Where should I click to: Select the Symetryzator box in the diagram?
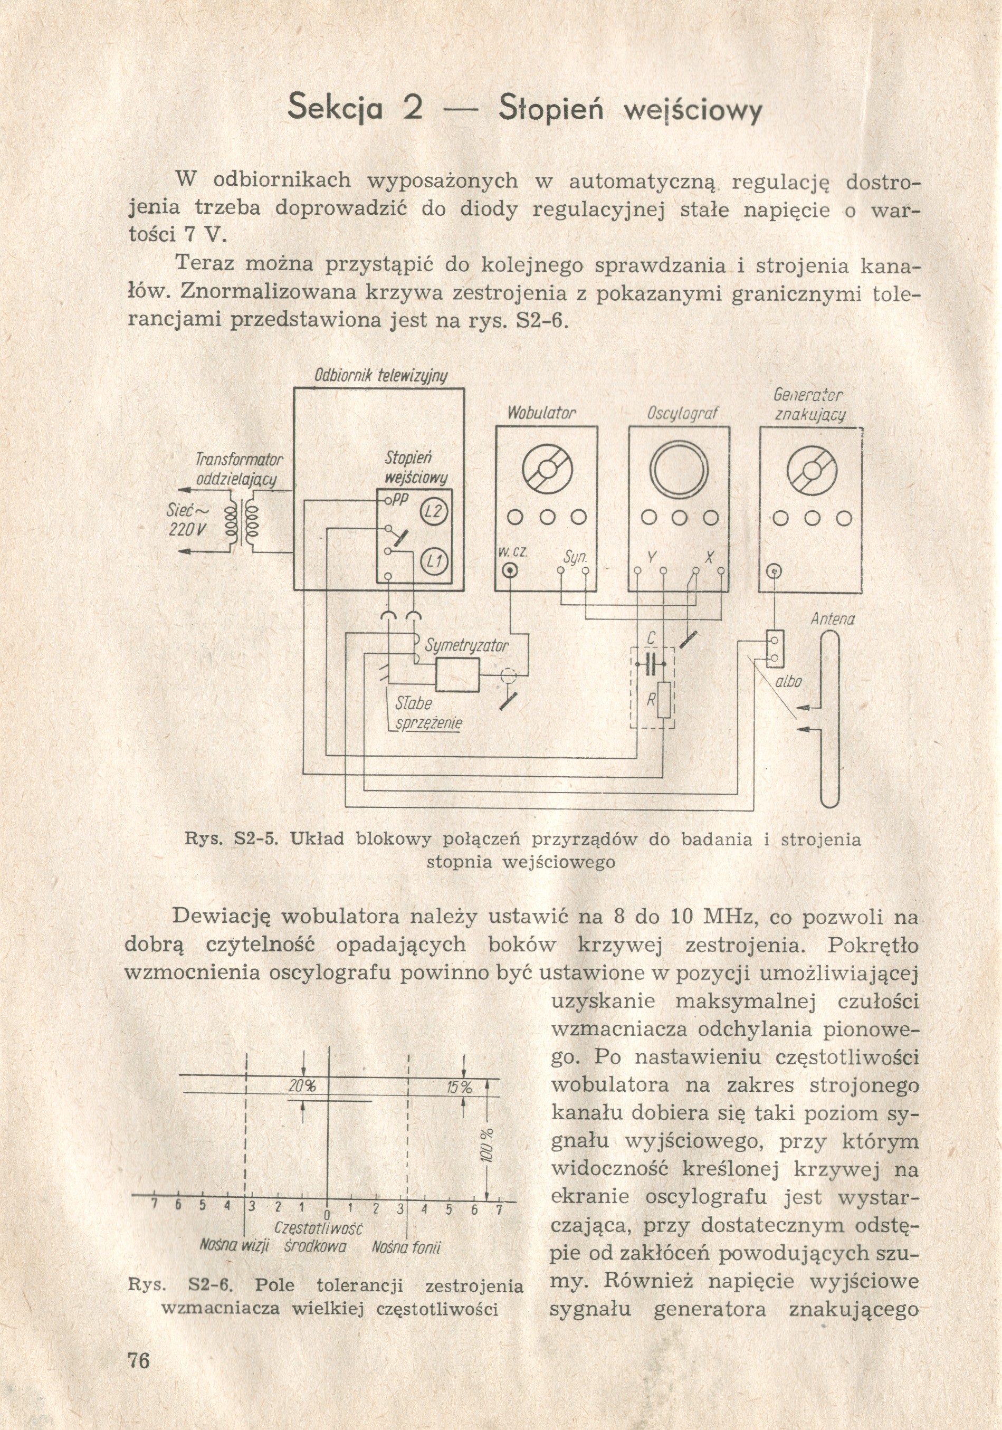pos(457,674)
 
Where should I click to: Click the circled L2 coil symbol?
pos(432,512)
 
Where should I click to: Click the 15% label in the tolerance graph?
pos(460,1088)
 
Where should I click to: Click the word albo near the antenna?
pos(788,682)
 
